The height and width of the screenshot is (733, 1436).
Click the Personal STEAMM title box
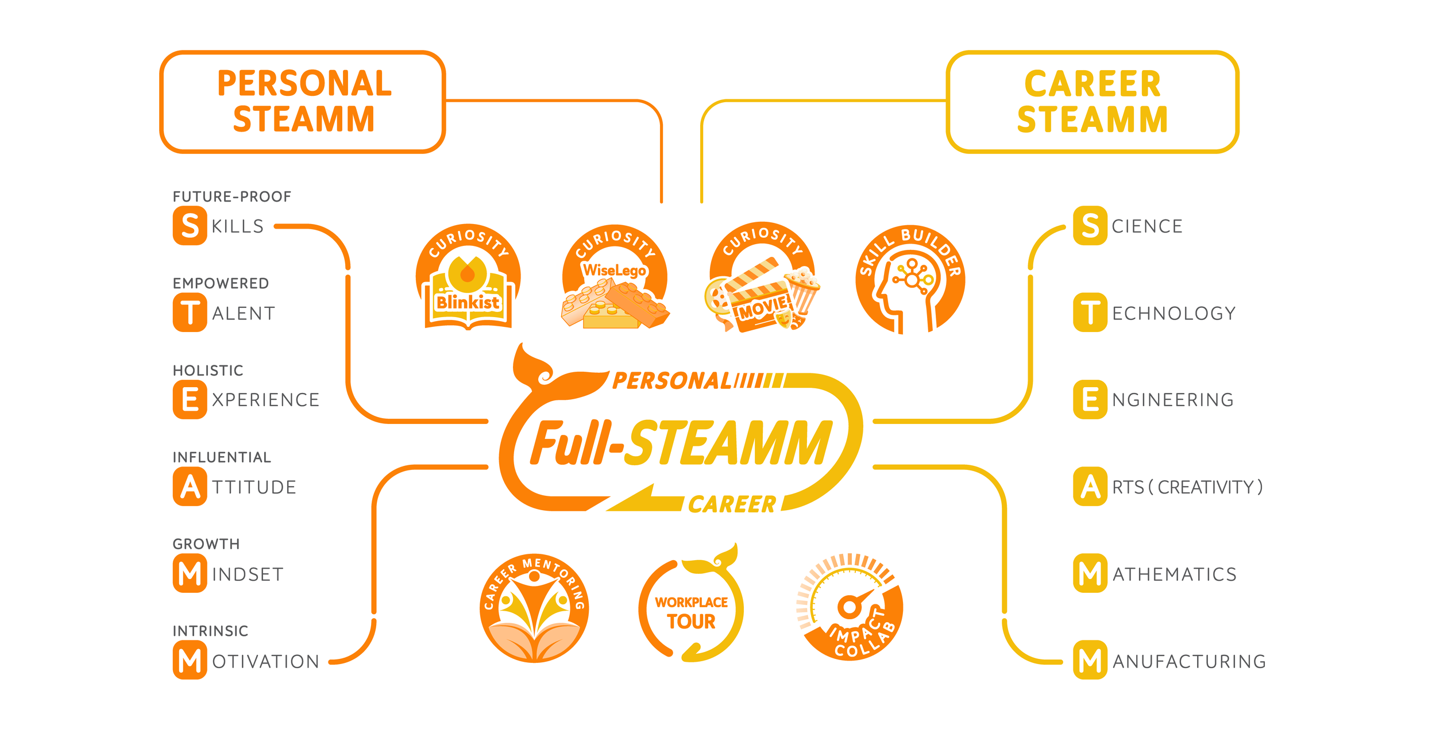(x=303, y=102)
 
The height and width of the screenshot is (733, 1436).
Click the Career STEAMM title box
(x=1092, y=102)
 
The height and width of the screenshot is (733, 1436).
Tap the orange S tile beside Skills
(x=190, y=226)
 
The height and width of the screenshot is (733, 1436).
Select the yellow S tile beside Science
(x=1090, y=226)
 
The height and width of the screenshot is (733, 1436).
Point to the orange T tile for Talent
(x=190, y=313)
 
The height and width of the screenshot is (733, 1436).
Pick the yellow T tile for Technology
(x=1090, y=313)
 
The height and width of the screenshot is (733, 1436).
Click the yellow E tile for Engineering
(x=1090, y=399)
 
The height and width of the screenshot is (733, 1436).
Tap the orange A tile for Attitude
(x=190, y=487)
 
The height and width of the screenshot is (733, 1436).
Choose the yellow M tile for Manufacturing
(x=1090, y=660)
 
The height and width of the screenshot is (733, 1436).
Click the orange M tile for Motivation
(x=190, y=660)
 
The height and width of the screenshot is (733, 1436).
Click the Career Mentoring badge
(x=534, y=608)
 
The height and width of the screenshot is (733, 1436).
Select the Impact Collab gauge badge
(x=850, y=608)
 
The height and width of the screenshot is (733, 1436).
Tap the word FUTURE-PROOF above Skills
(x=232, y=196)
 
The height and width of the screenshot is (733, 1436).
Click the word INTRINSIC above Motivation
(x=210, y=631)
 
